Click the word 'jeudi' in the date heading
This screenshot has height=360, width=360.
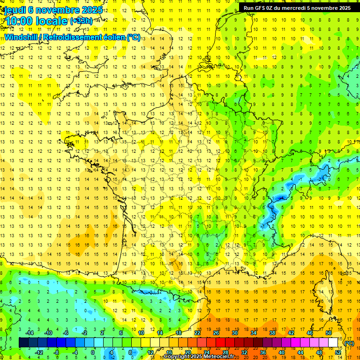coord(14,9)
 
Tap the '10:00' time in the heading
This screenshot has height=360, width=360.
coord(20,21)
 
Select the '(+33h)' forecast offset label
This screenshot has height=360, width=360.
coord(81,21)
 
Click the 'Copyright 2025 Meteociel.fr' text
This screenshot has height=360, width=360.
coord(199,357)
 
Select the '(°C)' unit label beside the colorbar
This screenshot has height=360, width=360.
coord(349,343)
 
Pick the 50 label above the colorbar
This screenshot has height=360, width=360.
coord(328,333)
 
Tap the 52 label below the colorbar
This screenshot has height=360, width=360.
coord(337,352)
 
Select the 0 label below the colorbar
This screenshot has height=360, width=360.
coord(93,352)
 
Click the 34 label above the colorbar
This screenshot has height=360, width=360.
coord(253,333)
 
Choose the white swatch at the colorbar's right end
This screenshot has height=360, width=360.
coord(333,343)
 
